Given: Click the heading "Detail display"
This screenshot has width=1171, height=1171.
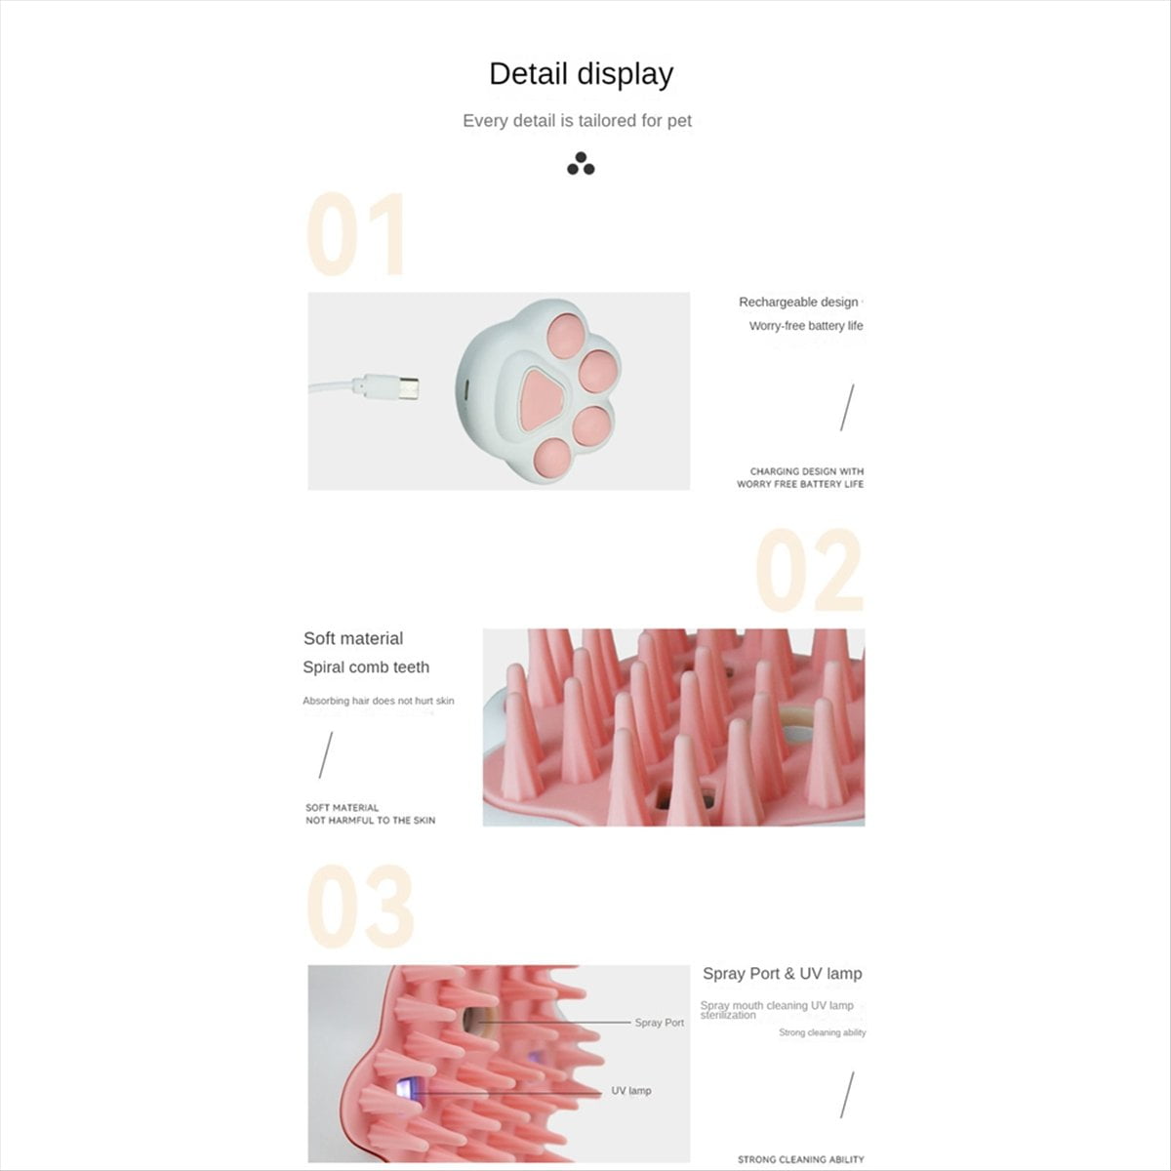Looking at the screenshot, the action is [581, 75].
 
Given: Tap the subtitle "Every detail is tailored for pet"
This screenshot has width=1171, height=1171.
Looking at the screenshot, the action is [578, 121].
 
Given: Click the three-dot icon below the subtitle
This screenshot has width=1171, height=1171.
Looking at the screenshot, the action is [581, 164].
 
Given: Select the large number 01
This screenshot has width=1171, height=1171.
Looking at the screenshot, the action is [355, 234].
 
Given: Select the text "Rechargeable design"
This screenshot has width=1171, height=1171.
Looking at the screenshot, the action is [798, 302].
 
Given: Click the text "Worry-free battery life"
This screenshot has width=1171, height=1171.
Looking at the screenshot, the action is [806, 326].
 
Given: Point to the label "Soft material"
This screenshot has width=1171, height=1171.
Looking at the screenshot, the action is [353, 638].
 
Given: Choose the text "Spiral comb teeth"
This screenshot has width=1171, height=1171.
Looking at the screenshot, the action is [366, 667].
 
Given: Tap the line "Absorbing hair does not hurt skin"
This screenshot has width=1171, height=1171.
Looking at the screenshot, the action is [378, 701].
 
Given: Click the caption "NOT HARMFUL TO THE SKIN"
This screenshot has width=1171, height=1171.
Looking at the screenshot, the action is [370, 821].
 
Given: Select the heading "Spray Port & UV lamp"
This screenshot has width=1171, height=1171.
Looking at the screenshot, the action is [782, 974].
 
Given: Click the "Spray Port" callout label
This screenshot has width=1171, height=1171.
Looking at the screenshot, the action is [660, 1023].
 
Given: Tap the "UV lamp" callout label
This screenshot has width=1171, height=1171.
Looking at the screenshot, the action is [630, 1091].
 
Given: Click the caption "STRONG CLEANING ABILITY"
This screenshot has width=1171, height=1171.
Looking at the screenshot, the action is [800, 1159].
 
